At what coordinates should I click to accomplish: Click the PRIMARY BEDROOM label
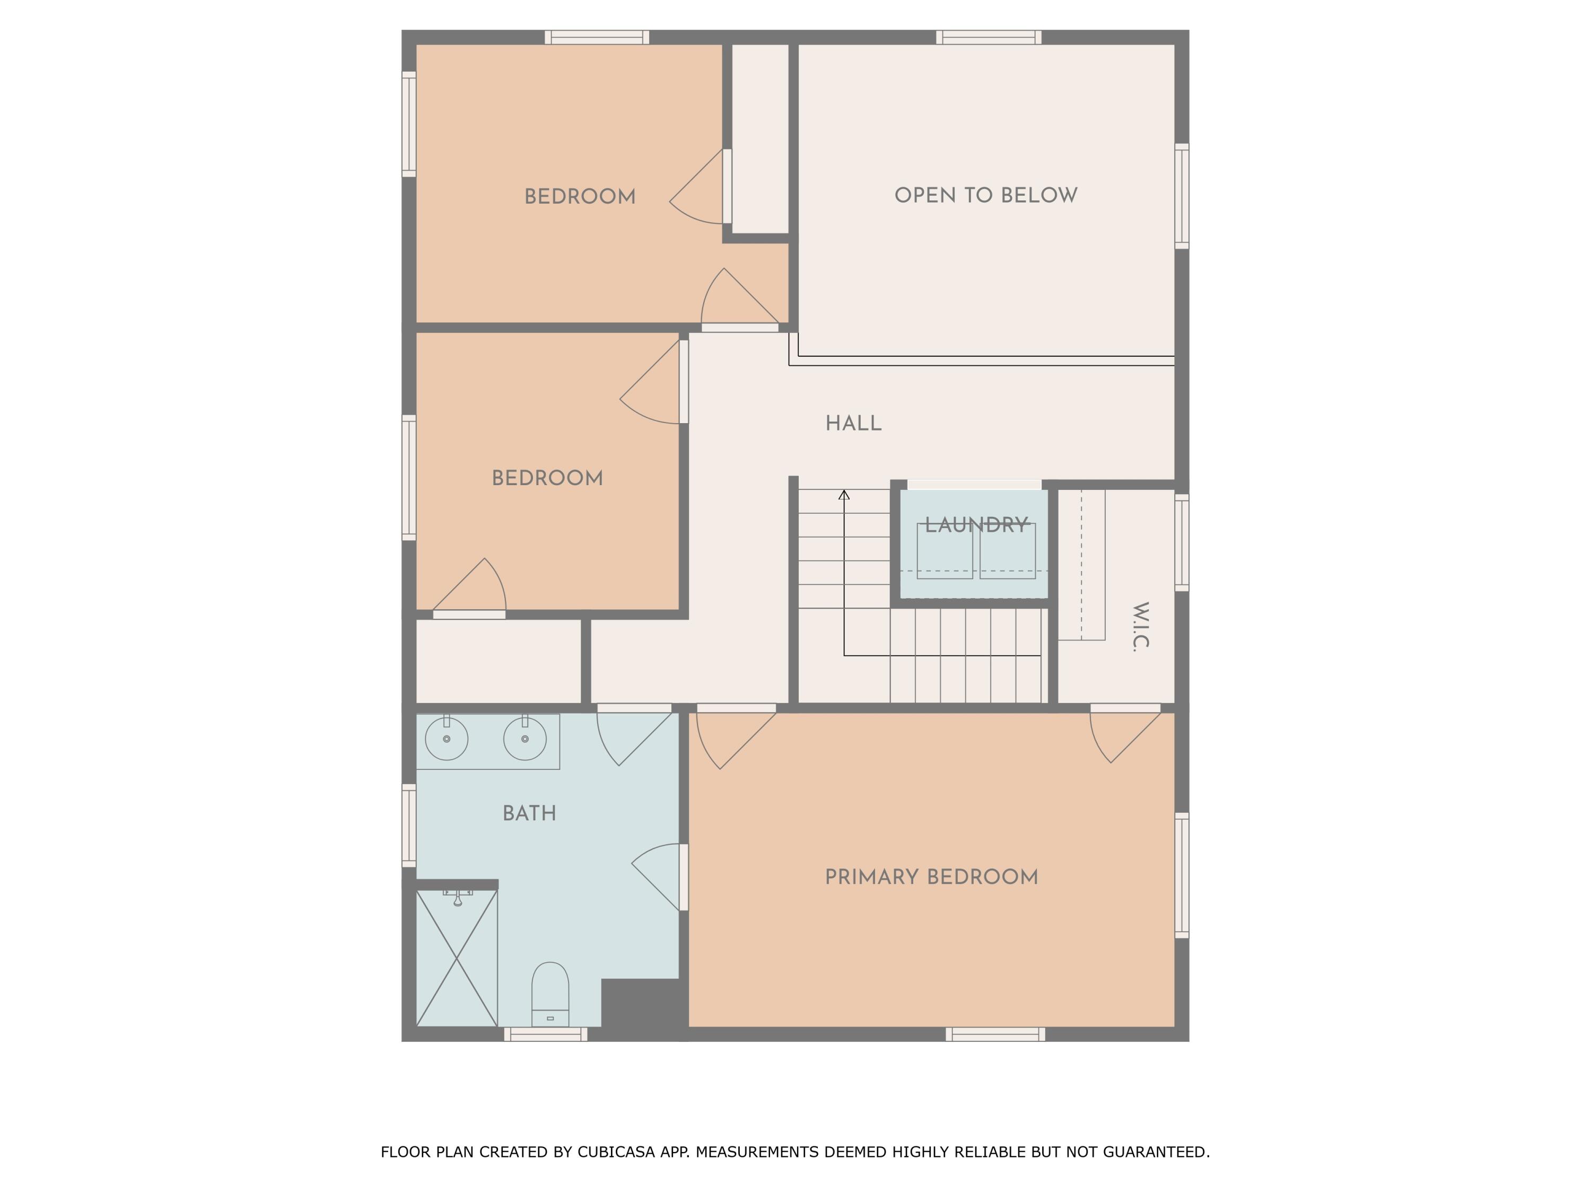click(x=931, y=878)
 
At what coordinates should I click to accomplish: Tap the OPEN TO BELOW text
click(x=985, y=196)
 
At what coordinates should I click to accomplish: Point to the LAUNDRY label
click(x=976, y=525)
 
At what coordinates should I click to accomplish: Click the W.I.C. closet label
click(x=1140, y=626)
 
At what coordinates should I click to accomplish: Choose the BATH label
click(x=529, y=813)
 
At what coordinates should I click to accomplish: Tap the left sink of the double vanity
click(x=447, y=739)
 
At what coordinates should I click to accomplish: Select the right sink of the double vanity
click(x=524, y=739)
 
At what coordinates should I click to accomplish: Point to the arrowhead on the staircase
click(x=844, y=494)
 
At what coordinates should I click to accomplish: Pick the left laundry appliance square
click(x=945, y=551)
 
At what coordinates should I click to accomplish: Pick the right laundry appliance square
click(x=1008, y=551)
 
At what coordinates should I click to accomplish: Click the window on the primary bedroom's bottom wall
click(x=995, y=1034)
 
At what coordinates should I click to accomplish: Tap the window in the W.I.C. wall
click(x=1182, y=542)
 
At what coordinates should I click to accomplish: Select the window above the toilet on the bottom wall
click(x=545, y=1034)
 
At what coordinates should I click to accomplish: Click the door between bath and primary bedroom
click(x=683, y=878)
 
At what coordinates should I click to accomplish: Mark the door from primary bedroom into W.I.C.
click(x=1125, y=709)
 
